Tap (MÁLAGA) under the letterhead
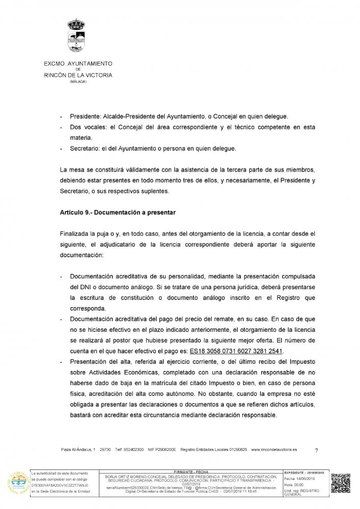(78, 81)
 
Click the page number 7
(316, 450)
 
